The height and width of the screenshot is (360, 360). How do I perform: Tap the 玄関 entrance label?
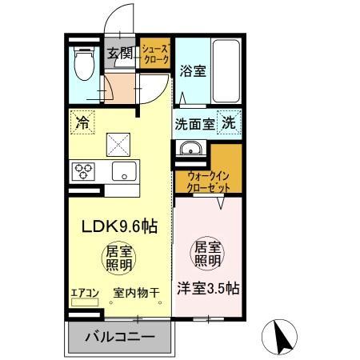(x=122, y=54)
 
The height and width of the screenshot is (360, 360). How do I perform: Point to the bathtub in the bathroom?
(x=226, y=70)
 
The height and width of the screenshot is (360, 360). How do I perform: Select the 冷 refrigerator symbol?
(x=82, y=122)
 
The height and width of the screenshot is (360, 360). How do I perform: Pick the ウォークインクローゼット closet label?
(x=210, y=180)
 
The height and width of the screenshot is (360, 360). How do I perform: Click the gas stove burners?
(x=84, y=170)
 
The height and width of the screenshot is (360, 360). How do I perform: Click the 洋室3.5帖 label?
(x=207, y=288)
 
